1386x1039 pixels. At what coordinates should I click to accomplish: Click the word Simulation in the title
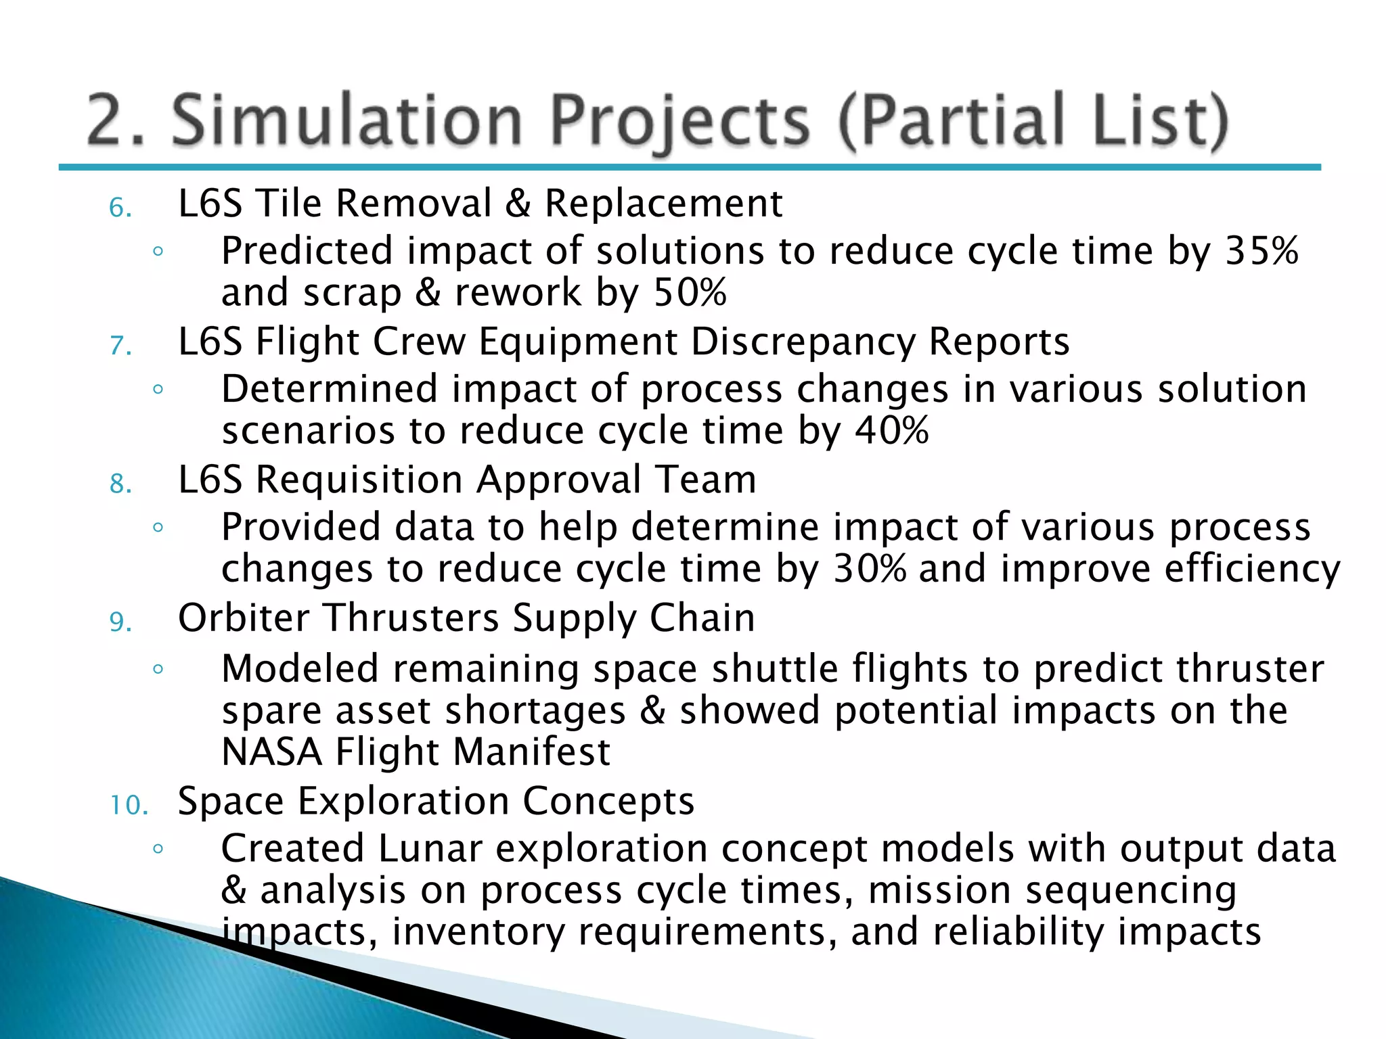[346, 120]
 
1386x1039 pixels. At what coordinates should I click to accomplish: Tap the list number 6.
[120, 208]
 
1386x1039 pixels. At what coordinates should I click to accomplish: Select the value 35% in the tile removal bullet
[1262, 251]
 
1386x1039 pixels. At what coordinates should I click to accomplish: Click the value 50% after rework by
[690, 293]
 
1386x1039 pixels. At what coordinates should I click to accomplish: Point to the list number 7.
[120, 346]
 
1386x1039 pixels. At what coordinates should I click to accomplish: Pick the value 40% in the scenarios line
[891, 431]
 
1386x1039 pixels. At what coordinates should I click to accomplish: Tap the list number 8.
[120, 484]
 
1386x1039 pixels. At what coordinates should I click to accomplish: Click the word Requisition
[359, 480]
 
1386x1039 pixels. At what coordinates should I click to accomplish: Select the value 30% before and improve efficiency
[869, 569]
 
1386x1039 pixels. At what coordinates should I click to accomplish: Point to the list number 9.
[120, 622]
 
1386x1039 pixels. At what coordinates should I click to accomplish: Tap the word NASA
[271, 752]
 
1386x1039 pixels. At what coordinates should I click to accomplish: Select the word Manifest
[532, 752]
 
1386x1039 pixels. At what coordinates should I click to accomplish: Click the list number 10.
[129, 805]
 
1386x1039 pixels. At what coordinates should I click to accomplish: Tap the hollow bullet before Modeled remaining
[158, 670]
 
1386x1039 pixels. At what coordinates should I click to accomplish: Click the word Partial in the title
[956, 120]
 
